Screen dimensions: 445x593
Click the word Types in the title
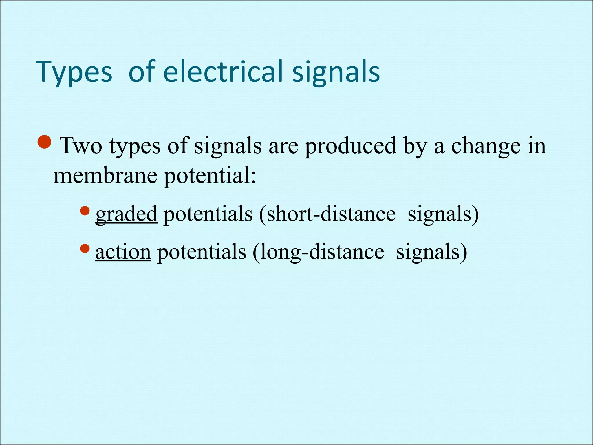[74, 72]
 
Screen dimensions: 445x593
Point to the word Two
[81, 146]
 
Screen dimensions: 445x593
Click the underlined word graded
[127, 214]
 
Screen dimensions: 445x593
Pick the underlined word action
[123, 252]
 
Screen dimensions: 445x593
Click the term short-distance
[327, 214]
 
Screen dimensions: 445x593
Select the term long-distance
[319, 252]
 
